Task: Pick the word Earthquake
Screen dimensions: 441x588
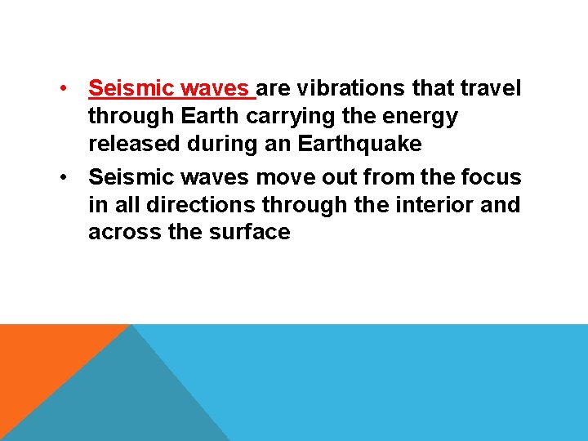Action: coord(360,144)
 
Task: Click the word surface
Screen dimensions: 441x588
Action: coord(252,233)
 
